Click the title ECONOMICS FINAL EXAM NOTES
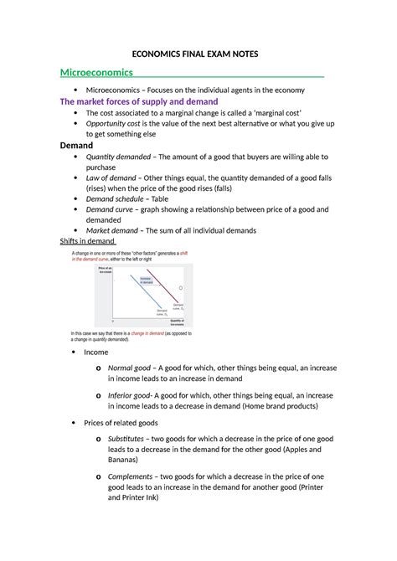point(198,54)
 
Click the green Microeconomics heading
point(94,73)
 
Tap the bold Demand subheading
point(77,144)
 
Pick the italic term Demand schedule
point(121,199)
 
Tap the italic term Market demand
point(118,230)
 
